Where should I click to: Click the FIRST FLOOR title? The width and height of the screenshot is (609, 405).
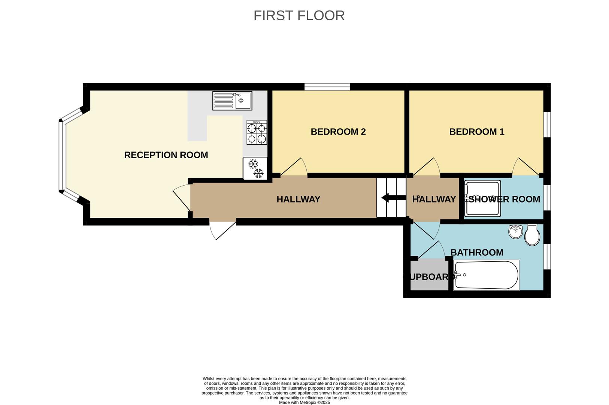click(299, 15)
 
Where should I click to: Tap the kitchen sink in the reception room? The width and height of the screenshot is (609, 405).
click(232, 100)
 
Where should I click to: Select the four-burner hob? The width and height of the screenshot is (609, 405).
click(257, 132)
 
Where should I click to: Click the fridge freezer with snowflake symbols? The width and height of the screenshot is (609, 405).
click(255, 168)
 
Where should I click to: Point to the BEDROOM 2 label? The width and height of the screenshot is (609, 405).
click(338, 132)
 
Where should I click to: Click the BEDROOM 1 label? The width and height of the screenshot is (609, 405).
click(476, 132)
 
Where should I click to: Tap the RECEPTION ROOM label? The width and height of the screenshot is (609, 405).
click(166, 155)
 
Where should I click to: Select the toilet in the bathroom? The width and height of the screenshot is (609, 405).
click(532, 235)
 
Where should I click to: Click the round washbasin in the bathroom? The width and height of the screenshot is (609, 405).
click(516, 232)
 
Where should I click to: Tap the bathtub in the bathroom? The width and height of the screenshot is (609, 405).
click(486, 275)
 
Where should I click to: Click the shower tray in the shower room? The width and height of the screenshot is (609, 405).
click(482, 199)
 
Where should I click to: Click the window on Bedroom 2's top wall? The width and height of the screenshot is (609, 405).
click(327, 87)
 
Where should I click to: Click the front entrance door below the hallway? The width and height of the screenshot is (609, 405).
click(223, 229)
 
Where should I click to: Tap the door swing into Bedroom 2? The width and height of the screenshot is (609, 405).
click(294, 168)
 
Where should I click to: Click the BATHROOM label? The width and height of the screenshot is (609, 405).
click(476, 252)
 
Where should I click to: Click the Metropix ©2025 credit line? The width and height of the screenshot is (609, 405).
click(304, 402)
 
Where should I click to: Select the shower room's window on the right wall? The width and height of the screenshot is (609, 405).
click(547, 197)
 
